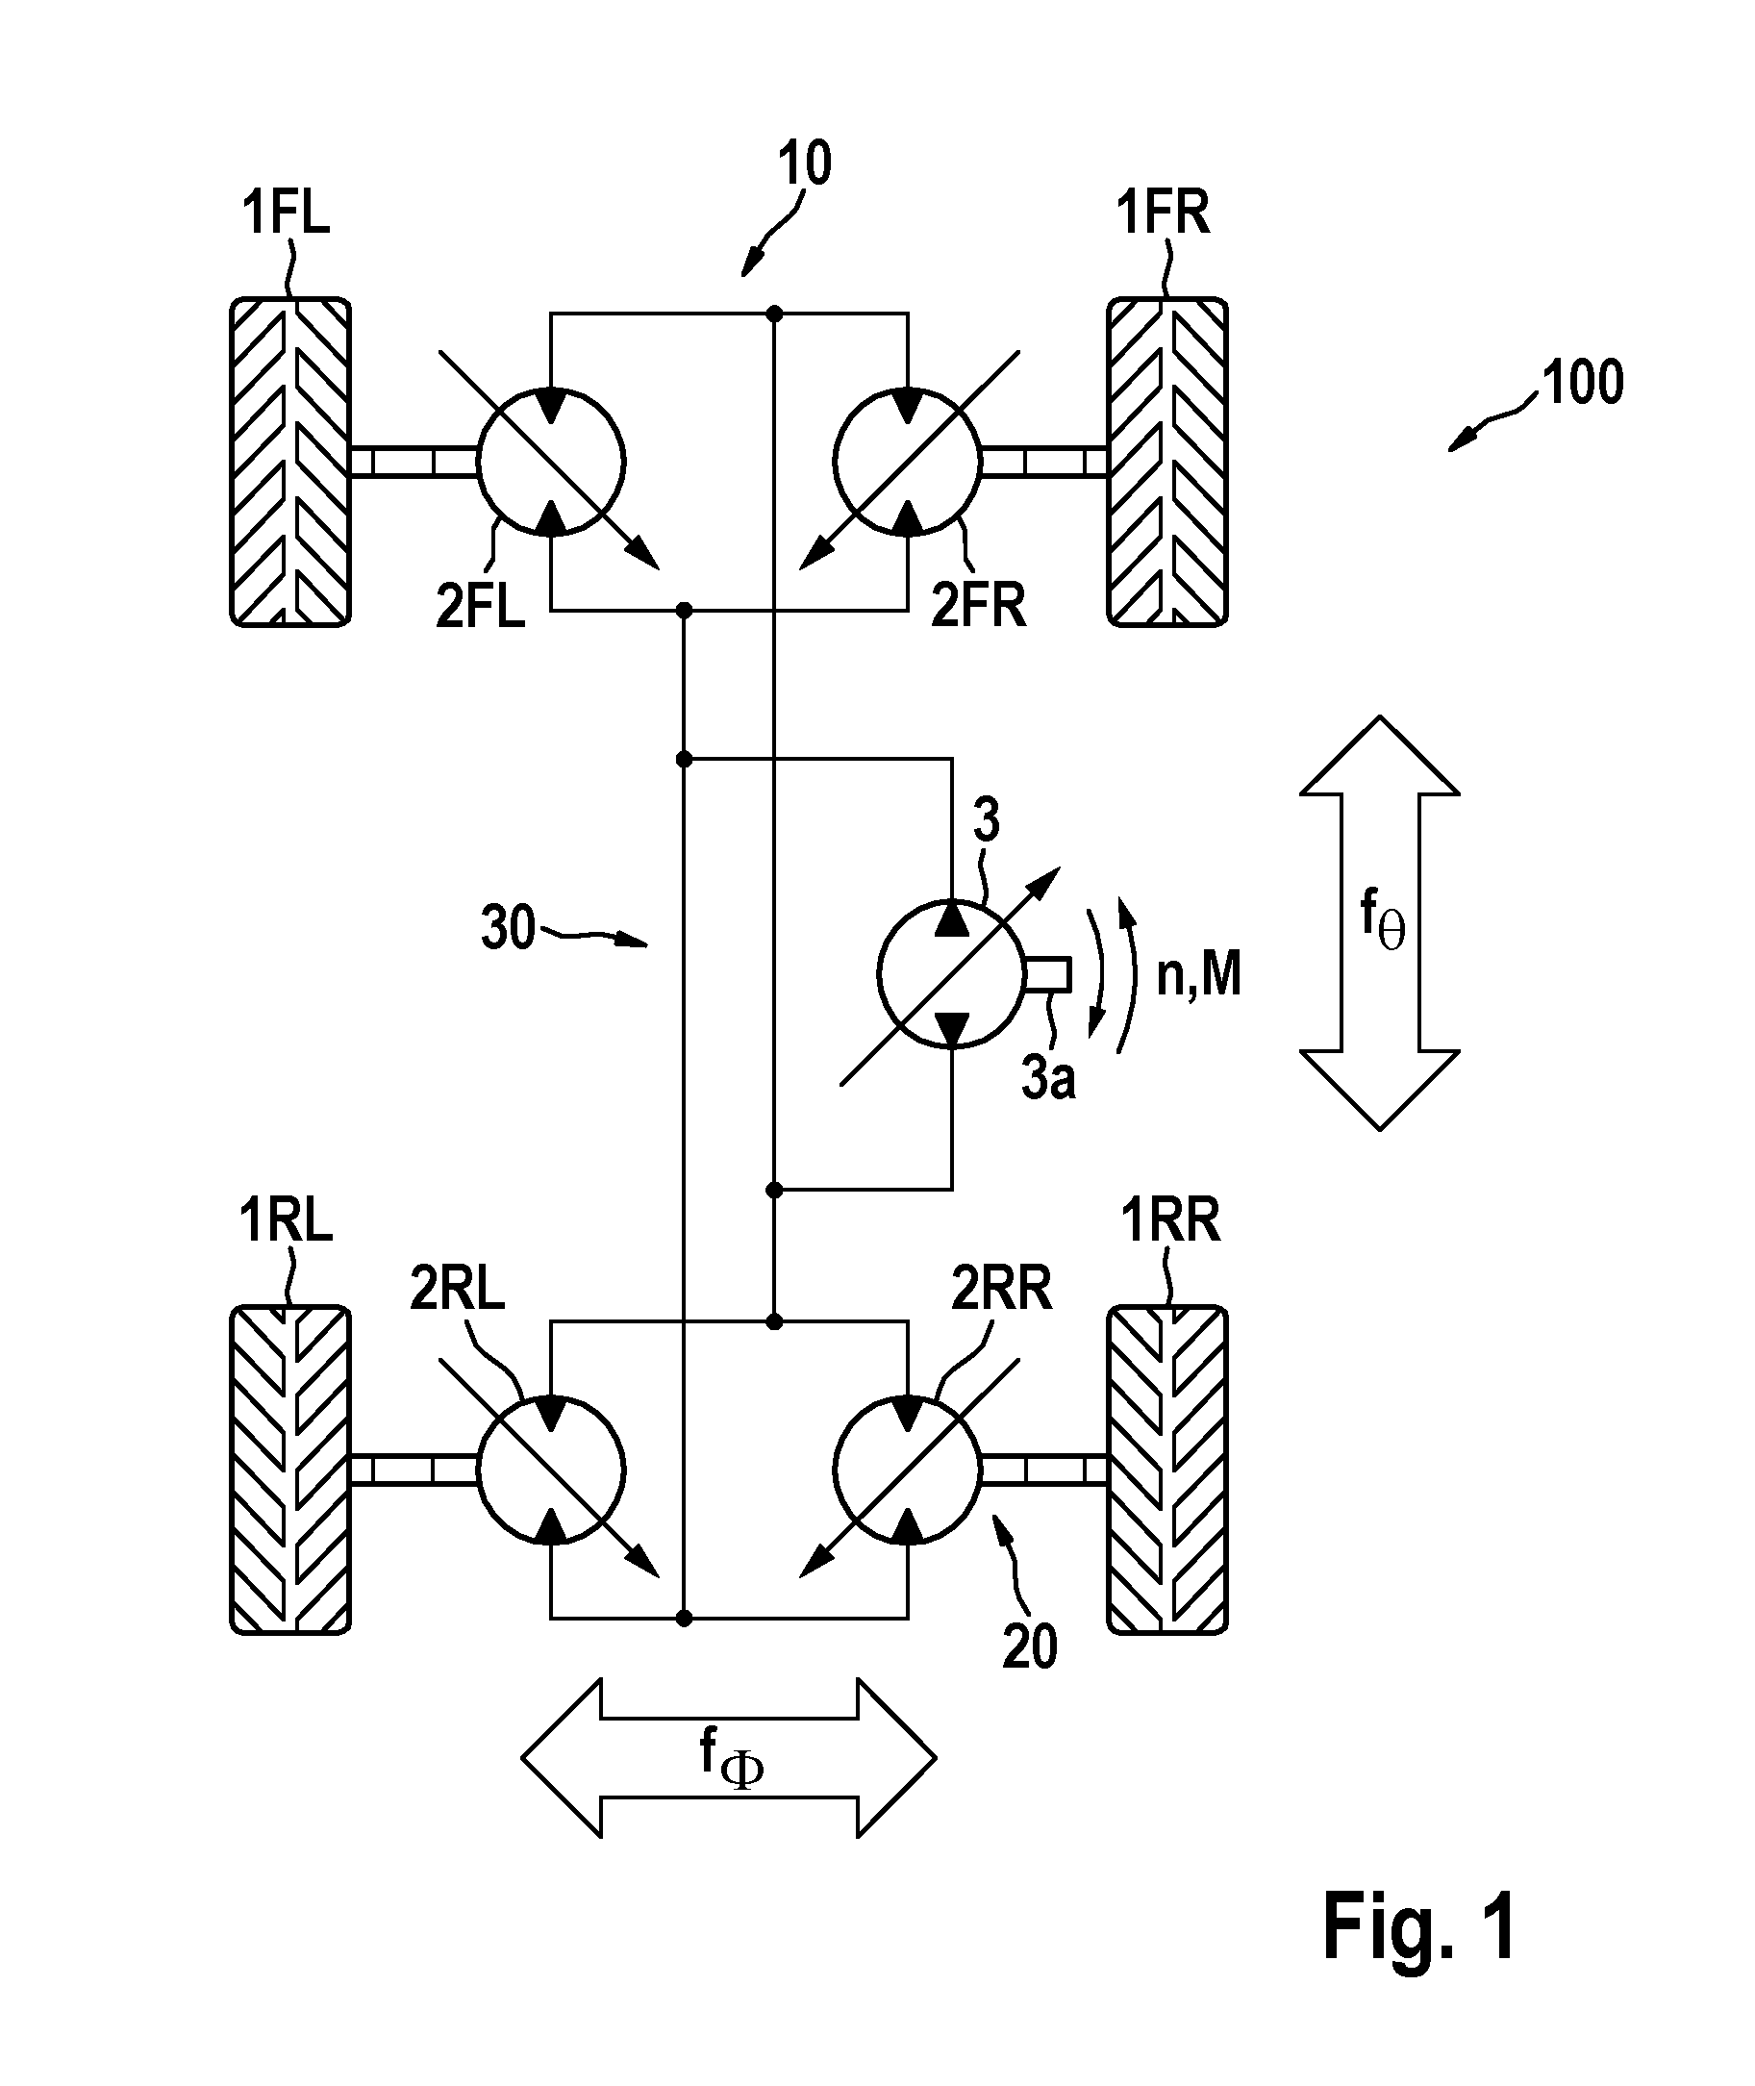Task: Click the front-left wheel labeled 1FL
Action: pyautogui.click(x=290, y=462)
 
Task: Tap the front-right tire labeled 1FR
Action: pyautogui.click(x=1168, y=462)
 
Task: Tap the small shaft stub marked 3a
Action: pyautogui.click(x=1047, y=974)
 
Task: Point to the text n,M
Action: pyautogui.click(x=1199, y=975)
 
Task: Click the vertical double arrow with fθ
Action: pyautogui.click(x=1380, y=923)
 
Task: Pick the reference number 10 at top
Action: pyautogui.click(x=804, y=163)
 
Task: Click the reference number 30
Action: pyautogui.click(x=509, y=929)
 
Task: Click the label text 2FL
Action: pyautogui.click(x=481, y=605)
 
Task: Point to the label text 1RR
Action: pyautogui.click(x=1171, y=1219)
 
